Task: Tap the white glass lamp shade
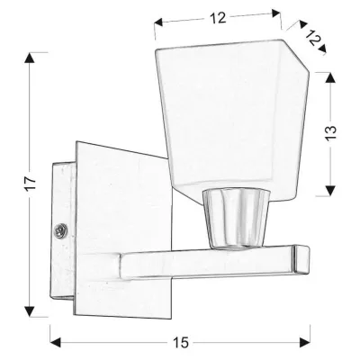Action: pyautogui.click(x=229, y=117)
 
